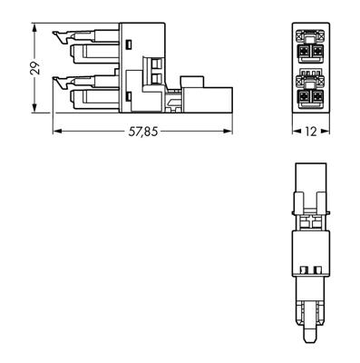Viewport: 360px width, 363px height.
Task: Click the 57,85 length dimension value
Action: coord(143,132)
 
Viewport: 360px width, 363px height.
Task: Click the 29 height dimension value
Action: coord(34,70)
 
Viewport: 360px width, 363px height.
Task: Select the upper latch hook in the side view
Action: coord(61,36)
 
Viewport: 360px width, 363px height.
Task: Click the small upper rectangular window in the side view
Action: coord(129,43)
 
